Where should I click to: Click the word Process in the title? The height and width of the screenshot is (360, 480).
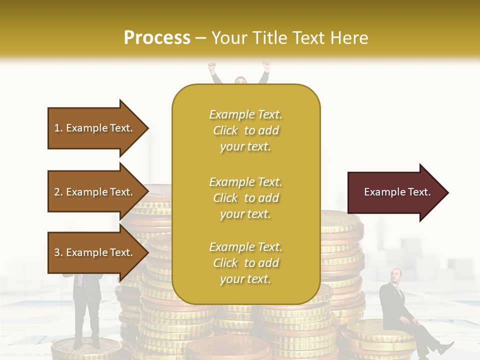coord(157,38)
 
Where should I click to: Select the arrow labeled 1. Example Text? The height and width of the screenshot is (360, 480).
coord(95,128)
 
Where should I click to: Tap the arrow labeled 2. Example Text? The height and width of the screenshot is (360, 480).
coord(95,192)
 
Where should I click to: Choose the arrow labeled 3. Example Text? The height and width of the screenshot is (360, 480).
coord(95,252)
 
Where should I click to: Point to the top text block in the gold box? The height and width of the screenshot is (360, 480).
coord(245,130)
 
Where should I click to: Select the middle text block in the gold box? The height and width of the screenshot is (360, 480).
coord(245,198)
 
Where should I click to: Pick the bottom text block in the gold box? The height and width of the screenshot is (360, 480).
coord(245,263)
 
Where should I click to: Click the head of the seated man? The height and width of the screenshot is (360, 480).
coord(396,275)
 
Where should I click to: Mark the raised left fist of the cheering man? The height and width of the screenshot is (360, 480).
coord(211,65)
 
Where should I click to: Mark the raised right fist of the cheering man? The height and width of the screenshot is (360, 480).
coord(266,65)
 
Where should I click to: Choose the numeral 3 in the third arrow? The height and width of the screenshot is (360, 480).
coord(56,252)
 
